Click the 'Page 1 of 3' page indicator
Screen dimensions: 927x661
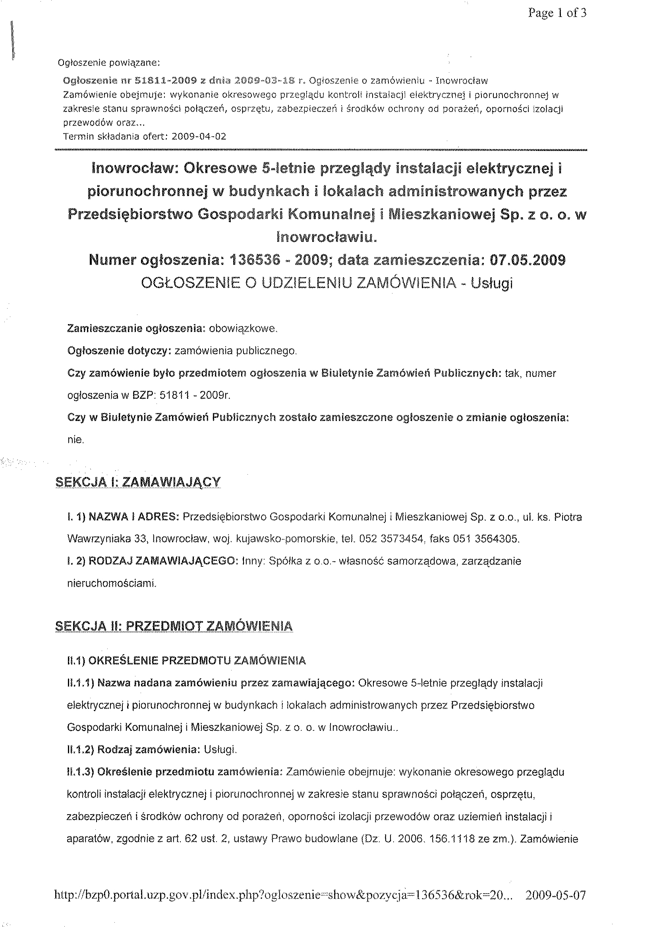click(557, 14)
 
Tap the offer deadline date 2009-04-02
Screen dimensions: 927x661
click(199, 136)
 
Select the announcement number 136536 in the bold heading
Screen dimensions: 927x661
click(255, 260)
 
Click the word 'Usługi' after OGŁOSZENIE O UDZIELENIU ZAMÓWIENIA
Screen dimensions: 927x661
click(491, 283)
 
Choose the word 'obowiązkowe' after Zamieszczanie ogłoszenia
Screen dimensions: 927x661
click(243, 328)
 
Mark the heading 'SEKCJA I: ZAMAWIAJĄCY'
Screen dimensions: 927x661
click(138, 482)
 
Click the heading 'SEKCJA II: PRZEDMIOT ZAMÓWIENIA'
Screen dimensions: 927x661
click(174, 626)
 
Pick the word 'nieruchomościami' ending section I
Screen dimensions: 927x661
click(112, 583)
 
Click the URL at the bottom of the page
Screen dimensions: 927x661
click(279, 895)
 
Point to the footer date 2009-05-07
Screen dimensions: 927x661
click(556, 895)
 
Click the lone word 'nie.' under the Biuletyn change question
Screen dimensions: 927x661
click(76, 440)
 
